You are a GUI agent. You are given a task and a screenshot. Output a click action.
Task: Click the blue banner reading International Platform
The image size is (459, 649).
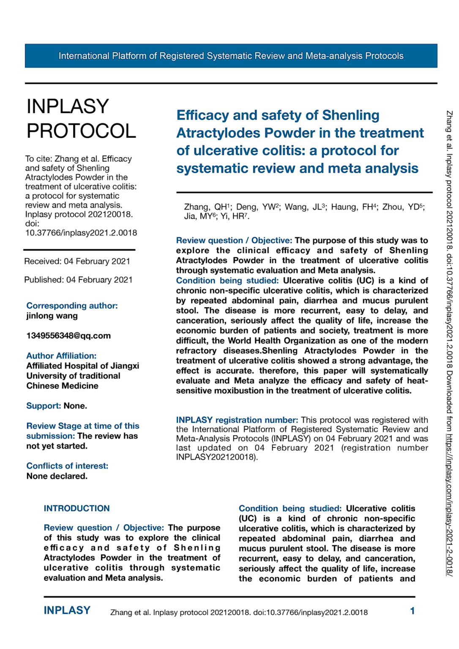[231, 56]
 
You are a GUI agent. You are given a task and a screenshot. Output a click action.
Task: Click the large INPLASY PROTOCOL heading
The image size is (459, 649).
[81, 119]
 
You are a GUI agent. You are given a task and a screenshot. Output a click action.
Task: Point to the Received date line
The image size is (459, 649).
[77, 261]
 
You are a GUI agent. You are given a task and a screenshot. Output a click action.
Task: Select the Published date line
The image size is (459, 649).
[78, 280]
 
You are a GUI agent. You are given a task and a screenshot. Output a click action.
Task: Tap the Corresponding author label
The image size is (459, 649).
[72, 305]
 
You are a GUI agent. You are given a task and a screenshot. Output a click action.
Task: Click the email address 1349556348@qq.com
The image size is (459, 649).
[68, 335]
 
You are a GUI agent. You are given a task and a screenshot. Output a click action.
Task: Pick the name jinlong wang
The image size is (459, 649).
[52, 316]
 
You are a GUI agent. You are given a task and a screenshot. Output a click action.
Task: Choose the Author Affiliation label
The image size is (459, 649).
[61, 356]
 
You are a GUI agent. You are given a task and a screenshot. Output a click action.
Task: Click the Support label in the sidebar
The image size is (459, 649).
[44, 406]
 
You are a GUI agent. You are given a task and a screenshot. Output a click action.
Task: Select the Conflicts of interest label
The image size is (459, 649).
[67, 466]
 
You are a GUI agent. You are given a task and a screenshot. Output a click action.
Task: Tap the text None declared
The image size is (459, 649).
[57, 476]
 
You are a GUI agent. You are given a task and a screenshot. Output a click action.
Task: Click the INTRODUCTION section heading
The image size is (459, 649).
[76, 508]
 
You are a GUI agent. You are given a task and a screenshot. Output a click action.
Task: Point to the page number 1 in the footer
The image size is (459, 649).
[412, 611]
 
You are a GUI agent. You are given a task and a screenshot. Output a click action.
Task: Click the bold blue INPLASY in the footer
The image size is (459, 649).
[67, 611]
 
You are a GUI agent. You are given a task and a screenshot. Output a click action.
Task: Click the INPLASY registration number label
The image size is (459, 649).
[237, 420]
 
